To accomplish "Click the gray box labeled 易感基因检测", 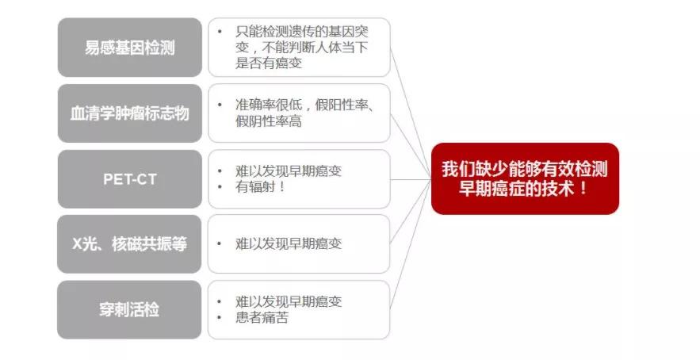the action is [x=130, y=48].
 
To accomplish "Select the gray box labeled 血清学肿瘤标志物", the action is [x=130, y=113].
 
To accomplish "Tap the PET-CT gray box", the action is [x=130, y=178].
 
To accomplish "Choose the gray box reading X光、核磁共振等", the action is [x=130, y=243].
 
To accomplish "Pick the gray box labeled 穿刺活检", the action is [x=130, y=309].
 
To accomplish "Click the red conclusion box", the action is [x=525, y=178].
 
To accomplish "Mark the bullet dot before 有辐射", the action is [x=219, y=188].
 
